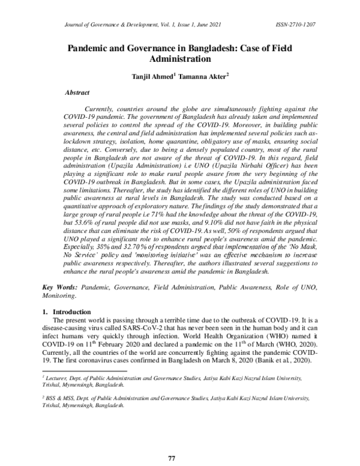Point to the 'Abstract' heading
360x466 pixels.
pyautogui.click(x=77, y=93)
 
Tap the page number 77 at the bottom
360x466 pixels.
pyautogui.click(x=171, y=458)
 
